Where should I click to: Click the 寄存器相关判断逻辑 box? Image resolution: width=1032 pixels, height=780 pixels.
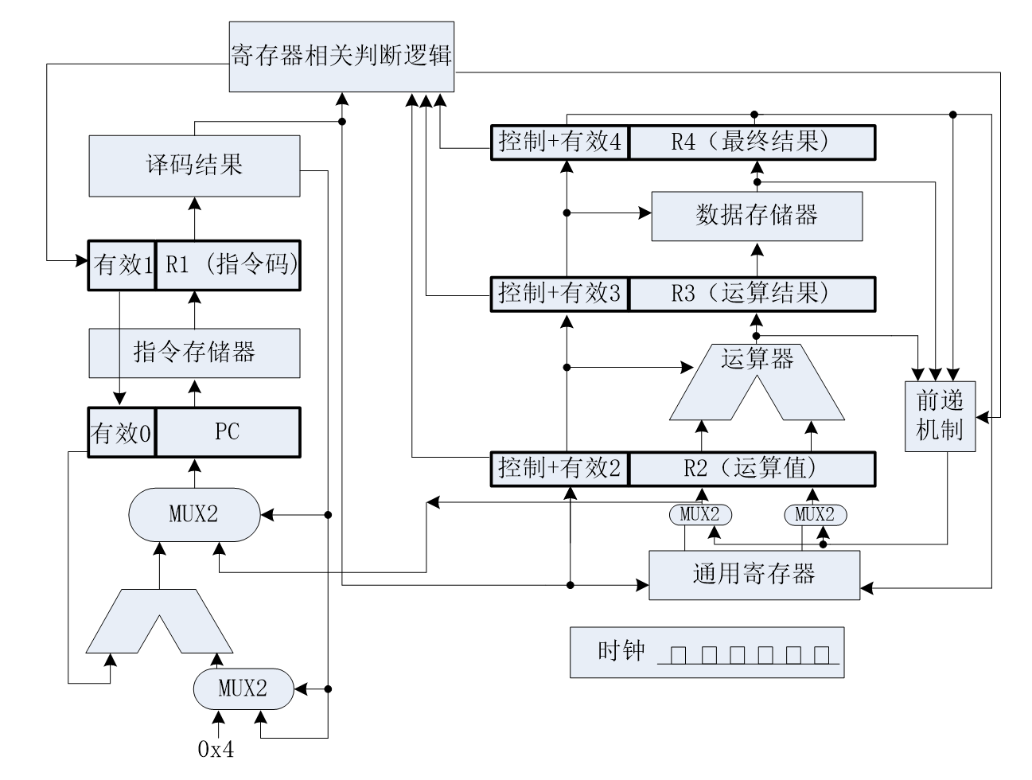point(342,56)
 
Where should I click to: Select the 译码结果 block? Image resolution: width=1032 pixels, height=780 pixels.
point(194,166)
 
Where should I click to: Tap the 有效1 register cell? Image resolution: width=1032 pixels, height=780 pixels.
point(121,265)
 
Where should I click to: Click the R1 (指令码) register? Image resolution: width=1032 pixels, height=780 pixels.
point(228,265)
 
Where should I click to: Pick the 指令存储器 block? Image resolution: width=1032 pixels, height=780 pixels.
point(194,352)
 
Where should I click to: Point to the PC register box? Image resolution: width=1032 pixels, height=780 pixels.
point(228,432)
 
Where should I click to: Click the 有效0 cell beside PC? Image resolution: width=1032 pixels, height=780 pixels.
point(121,433)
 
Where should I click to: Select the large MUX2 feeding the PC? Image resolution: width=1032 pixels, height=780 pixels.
point(194,514)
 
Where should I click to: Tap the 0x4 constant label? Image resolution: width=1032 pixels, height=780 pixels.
point(216,749)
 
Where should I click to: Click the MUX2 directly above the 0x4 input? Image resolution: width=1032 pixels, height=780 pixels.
point(243,688)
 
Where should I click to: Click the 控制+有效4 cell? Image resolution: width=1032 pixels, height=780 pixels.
point(561,142)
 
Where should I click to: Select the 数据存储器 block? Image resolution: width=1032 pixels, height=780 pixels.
point(757,215)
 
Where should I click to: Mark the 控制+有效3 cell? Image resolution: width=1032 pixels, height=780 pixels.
point(561,294)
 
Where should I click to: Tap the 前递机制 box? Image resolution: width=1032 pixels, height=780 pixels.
point(940,416)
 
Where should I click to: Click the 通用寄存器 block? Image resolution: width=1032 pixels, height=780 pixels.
point(754,574)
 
